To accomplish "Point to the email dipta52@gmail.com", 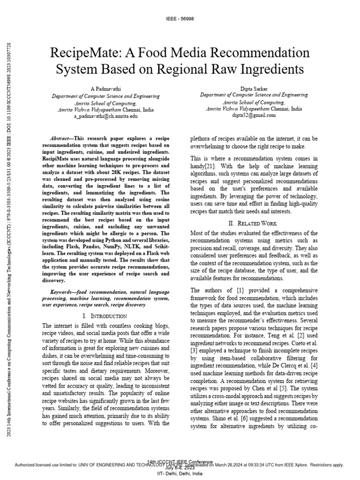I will [x=254, y=115].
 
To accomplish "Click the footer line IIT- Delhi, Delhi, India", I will [x=180, y=474].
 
